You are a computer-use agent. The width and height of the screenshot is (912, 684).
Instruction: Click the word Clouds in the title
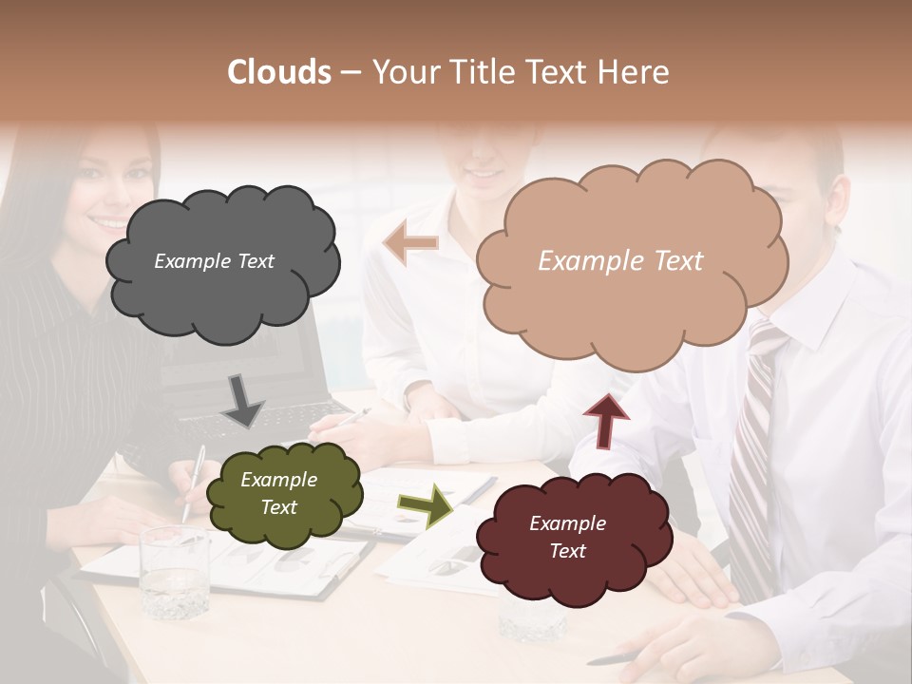(279, 72)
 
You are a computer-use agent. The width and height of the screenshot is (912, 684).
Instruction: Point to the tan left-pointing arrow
(411, 243)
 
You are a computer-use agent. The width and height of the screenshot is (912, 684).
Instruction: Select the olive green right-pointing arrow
(425, 504)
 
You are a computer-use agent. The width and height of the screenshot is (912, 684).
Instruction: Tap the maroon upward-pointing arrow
(605, 421)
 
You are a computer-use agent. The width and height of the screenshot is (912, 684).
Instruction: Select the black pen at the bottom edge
(618, 657)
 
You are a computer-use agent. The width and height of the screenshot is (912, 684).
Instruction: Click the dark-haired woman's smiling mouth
(106, 223)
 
